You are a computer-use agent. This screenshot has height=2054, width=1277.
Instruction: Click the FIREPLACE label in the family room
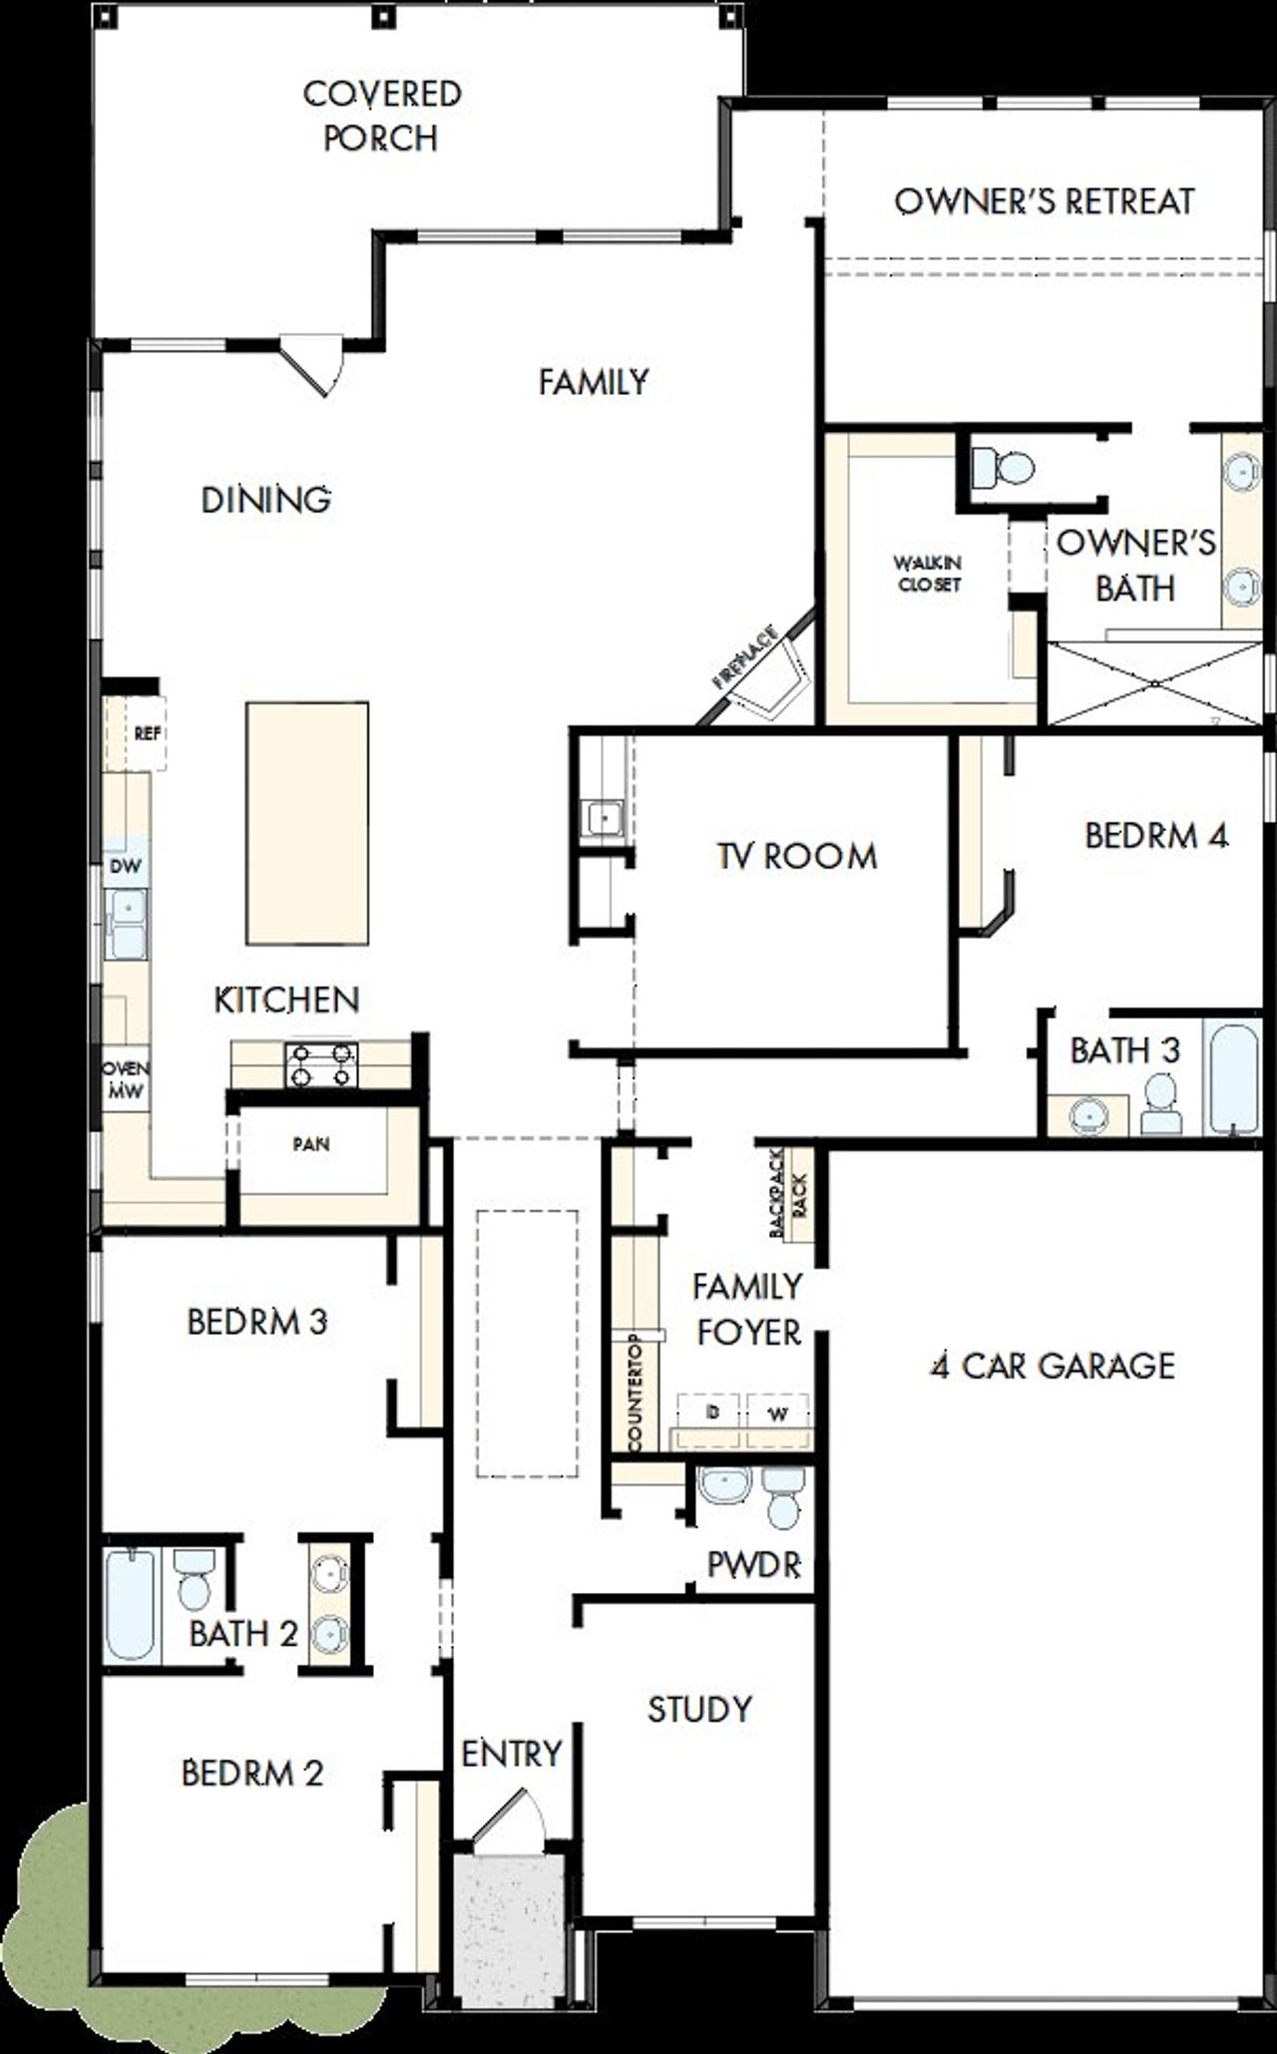[744, 658]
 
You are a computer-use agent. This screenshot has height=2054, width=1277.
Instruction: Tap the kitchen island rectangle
[307, 823]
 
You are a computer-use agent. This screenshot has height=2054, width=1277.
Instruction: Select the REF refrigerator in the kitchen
[146, 733]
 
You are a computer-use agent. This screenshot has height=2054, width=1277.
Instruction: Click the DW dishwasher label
[126, 866]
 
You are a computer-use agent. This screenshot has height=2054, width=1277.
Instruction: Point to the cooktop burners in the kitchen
[321, 1063]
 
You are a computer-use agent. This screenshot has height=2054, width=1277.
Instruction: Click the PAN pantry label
[310, 1144]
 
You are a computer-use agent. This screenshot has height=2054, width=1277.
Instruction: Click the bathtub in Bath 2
[131, 1605]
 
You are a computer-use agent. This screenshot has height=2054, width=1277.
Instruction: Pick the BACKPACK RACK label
[789, 1193]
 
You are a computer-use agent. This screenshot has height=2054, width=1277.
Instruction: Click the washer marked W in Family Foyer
[777, 1413]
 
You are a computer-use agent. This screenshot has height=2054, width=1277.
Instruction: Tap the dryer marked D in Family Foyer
[711, 1413]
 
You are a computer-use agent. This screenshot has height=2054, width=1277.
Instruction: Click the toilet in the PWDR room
[783, 1496]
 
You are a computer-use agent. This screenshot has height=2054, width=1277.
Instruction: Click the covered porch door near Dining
[314, 364]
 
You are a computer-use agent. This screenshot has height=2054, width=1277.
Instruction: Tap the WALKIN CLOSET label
[928, 574]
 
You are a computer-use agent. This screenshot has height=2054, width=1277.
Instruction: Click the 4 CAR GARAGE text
[1053, 1366]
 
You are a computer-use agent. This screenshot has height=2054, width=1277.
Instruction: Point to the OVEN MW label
[126, 1079]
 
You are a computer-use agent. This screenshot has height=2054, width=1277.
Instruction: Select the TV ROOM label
[797, 856]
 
